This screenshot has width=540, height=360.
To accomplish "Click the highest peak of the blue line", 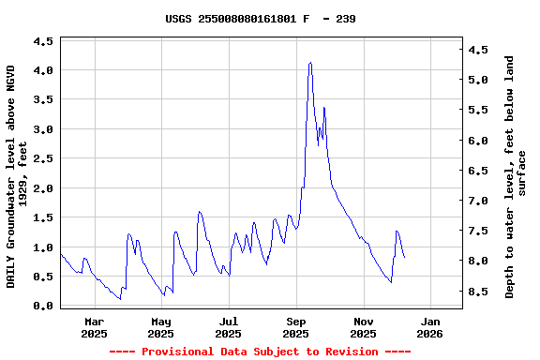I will click(310, 63).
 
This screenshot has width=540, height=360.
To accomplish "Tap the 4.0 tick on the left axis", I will click(43, 70).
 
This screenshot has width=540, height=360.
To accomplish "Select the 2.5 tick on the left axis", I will click(43, 159).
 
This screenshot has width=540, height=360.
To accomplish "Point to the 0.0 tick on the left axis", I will click(43, 307).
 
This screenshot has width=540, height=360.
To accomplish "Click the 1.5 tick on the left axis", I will click(43, 218).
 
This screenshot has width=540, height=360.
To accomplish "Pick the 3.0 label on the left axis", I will click(43, 129).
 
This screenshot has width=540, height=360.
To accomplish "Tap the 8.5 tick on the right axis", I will click(479, 292).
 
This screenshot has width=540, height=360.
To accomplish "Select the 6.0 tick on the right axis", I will click(479, 141).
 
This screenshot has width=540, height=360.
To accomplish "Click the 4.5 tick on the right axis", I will click(479, 50).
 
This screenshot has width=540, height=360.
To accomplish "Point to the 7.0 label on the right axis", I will click(479, 202).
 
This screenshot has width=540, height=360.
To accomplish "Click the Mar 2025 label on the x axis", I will click(94, 327).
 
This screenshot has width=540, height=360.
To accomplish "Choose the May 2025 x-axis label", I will click(161, 327).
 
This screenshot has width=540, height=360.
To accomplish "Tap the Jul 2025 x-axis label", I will click(228, 327).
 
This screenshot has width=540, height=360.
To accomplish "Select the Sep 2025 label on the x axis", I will click(295, 327).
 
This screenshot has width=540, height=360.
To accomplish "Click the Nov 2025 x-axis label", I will click(363, 327).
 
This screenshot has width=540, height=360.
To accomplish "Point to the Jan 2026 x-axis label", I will click(429, 327).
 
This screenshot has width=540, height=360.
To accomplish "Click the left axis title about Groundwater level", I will click(17, 176).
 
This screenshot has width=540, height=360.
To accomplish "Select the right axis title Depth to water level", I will click(516, 177).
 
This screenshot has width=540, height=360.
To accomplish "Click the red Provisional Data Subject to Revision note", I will click(260, 352).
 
